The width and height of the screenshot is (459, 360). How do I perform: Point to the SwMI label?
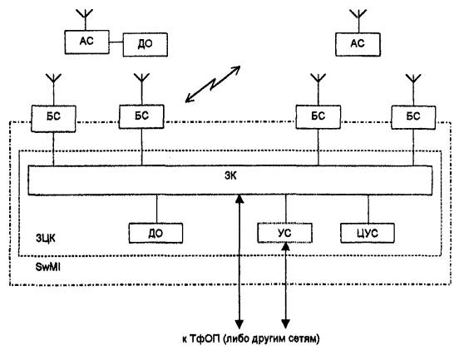[x=47, y=267]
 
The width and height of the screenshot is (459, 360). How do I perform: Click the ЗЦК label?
[x=46, y=239]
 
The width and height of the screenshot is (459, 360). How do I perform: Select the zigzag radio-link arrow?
[x=213, y=84]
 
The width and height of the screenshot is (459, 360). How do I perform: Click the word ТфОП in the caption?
[x=205, y=339]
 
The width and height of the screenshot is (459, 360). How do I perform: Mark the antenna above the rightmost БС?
[x=413, y=90]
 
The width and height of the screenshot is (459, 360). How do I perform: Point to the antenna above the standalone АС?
[x=358, y=21]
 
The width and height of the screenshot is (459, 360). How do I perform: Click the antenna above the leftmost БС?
[x=53, y=90]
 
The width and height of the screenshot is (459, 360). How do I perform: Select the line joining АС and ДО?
[x=116, y=42]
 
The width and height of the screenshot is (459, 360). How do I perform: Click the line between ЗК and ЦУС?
[x=368, y=209]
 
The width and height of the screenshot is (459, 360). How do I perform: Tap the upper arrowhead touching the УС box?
[x=285, y=247]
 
